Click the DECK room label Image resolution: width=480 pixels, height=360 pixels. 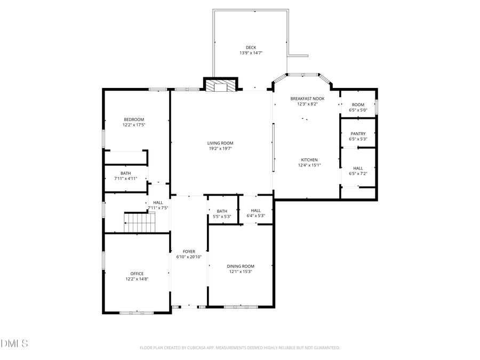(x=251, y=47)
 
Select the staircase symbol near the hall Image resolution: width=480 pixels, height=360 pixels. (x=140, y=222)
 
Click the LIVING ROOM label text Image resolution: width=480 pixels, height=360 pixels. (x=220, y=143)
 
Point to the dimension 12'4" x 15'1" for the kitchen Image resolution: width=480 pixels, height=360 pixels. (x=309, y=165)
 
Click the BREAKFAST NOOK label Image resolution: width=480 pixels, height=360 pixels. (x=307, y=99)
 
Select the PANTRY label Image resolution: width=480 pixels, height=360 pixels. (x=358, y=134)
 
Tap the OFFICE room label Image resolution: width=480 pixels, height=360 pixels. (x=137, y=274)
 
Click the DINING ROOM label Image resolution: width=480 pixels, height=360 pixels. (x=241, y=266)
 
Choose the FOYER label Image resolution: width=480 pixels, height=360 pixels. (x=189, y=251)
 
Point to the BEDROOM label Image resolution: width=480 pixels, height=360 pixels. (x=134, y=119)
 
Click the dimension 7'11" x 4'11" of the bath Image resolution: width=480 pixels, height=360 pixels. (x=125, y=179)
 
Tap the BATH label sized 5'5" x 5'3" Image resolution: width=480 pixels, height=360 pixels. (x=222, y=211)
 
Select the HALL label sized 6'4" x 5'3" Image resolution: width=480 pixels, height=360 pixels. (x=255, y=211)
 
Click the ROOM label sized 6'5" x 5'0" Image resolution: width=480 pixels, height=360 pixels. (x=358, y=105)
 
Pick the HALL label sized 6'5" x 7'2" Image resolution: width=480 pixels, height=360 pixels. (x=358, y=168)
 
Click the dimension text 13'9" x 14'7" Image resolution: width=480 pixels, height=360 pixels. (x=251, y=53)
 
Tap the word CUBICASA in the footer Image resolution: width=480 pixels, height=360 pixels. (x=197, y=348)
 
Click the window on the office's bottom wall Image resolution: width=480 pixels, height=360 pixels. (x=129, y=313)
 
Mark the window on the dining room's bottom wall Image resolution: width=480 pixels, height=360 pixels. (x=241, y=307)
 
